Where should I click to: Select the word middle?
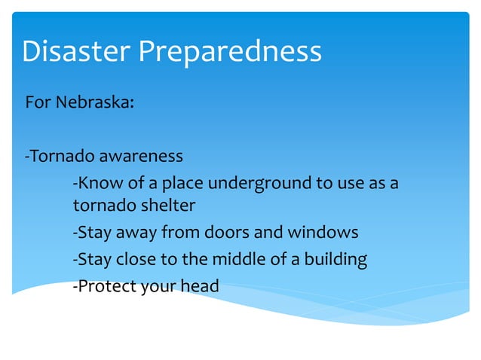coord(237,259)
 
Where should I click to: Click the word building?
coord(335,260)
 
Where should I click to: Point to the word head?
coord(201,286)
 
